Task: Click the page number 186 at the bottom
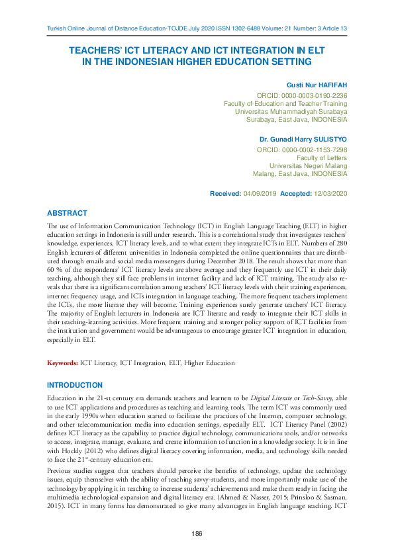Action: point(197,533)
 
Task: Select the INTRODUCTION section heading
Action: point(75,385)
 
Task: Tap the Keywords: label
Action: point(62,363)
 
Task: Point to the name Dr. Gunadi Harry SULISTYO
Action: point(303,141)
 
